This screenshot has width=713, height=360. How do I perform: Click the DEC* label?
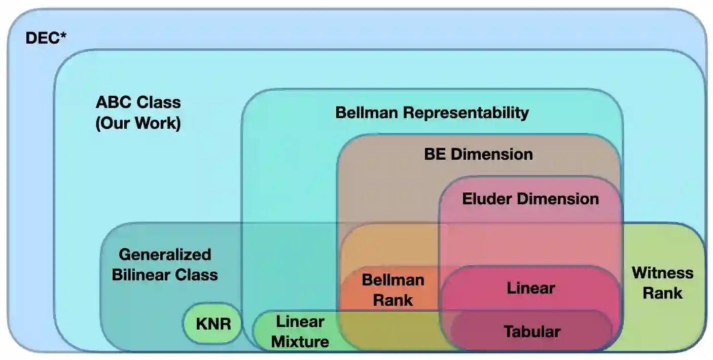(46, 39)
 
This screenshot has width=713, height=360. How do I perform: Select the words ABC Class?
(138, 102)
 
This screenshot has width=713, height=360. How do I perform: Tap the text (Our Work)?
(138, 123)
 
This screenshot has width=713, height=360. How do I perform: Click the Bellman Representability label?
(432, 113)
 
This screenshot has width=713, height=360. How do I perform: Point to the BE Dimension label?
(478, 154)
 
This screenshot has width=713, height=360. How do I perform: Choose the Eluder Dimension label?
(530, 199)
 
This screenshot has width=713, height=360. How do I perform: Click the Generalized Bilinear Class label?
(165, 265)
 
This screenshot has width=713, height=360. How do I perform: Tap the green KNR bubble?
(213, 323)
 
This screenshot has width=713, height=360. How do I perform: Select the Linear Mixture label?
(300, 332)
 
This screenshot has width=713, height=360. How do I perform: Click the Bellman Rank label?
(393, 290)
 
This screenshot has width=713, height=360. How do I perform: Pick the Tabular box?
(532, 332)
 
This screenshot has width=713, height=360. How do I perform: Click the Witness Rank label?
(662, 283)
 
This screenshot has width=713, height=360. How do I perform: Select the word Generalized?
(165, 255)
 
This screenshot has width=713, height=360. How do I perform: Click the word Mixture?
(300, 341)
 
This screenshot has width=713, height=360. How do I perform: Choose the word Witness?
(662, 273)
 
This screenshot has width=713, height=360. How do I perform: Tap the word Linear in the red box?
(531, 288)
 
